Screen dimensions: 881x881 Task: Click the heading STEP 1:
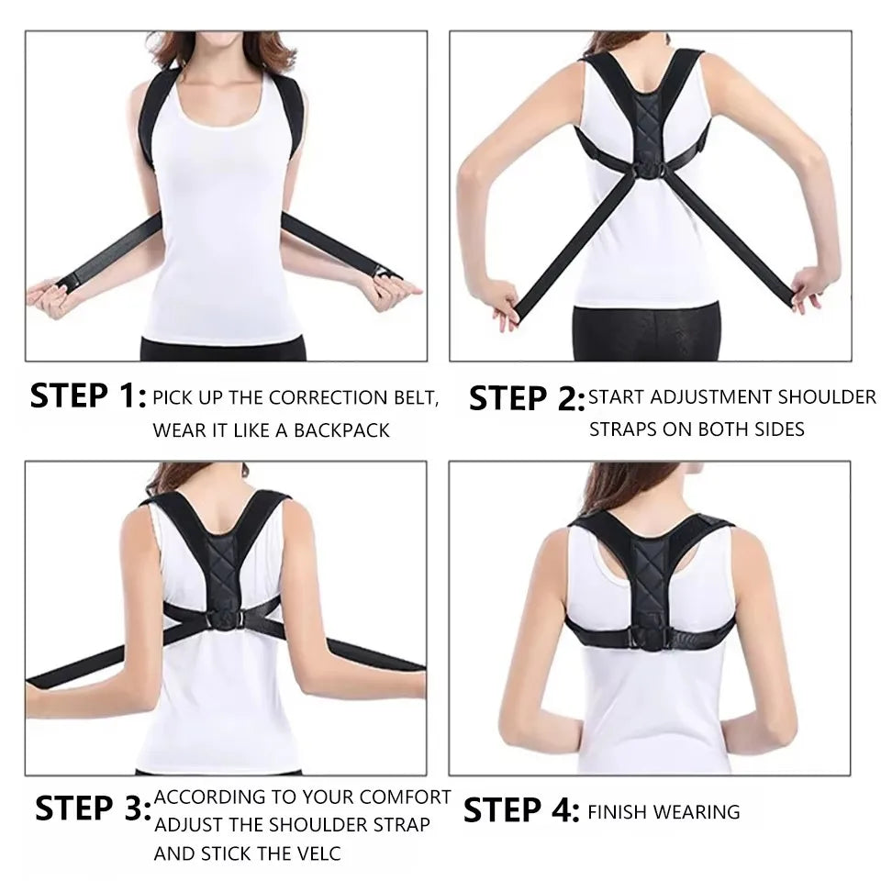point(88,397)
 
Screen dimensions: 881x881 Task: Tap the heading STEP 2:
point(527,398)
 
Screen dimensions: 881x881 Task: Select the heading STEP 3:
point(93,809)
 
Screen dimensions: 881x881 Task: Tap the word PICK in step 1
point(173,398)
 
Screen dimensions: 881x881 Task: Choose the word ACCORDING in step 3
point(209,797)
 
